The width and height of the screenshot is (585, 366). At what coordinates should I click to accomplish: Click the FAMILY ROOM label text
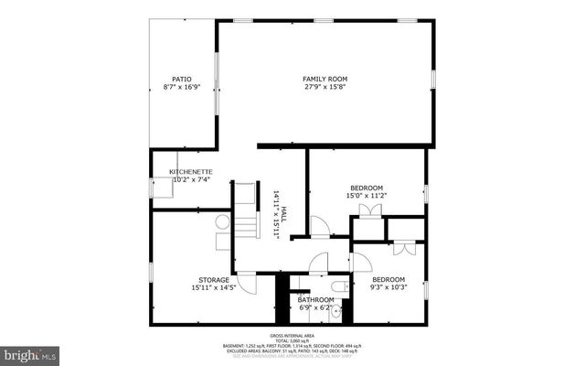[x=325, y=80]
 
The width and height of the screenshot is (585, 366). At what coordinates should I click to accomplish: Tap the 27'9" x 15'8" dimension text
[x=325, y=88]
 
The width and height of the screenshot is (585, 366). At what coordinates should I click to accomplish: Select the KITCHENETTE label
[x=191, y=172]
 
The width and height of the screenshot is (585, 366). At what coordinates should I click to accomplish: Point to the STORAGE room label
[x=213, y=280]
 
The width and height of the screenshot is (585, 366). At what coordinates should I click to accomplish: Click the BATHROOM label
[x=317, y=299]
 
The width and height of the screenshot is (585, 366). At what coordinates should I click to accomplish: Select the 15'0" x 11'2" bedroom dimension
[x=367, y=195]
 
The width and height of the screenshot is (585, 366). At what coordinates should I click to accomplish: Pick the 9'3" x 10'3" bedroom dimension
[x=388, y=287]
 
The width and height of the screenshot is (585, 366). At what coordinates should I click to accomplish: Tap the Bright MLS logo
[x=30, y=353]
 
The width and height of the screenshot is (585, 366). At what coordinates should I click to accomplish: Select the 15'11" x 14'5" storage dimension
[x=213, y=288]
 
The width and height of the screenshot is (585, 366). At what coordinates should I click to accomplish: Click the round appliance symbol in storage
[x=223, y=222]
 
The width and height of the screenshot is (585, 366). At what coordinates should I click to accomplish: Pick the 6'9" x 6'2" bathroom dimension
[x=317, y=307]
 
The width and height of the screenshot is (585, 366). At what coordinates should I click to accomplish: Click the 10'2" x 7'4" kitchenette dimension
[x=191, y=180]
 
